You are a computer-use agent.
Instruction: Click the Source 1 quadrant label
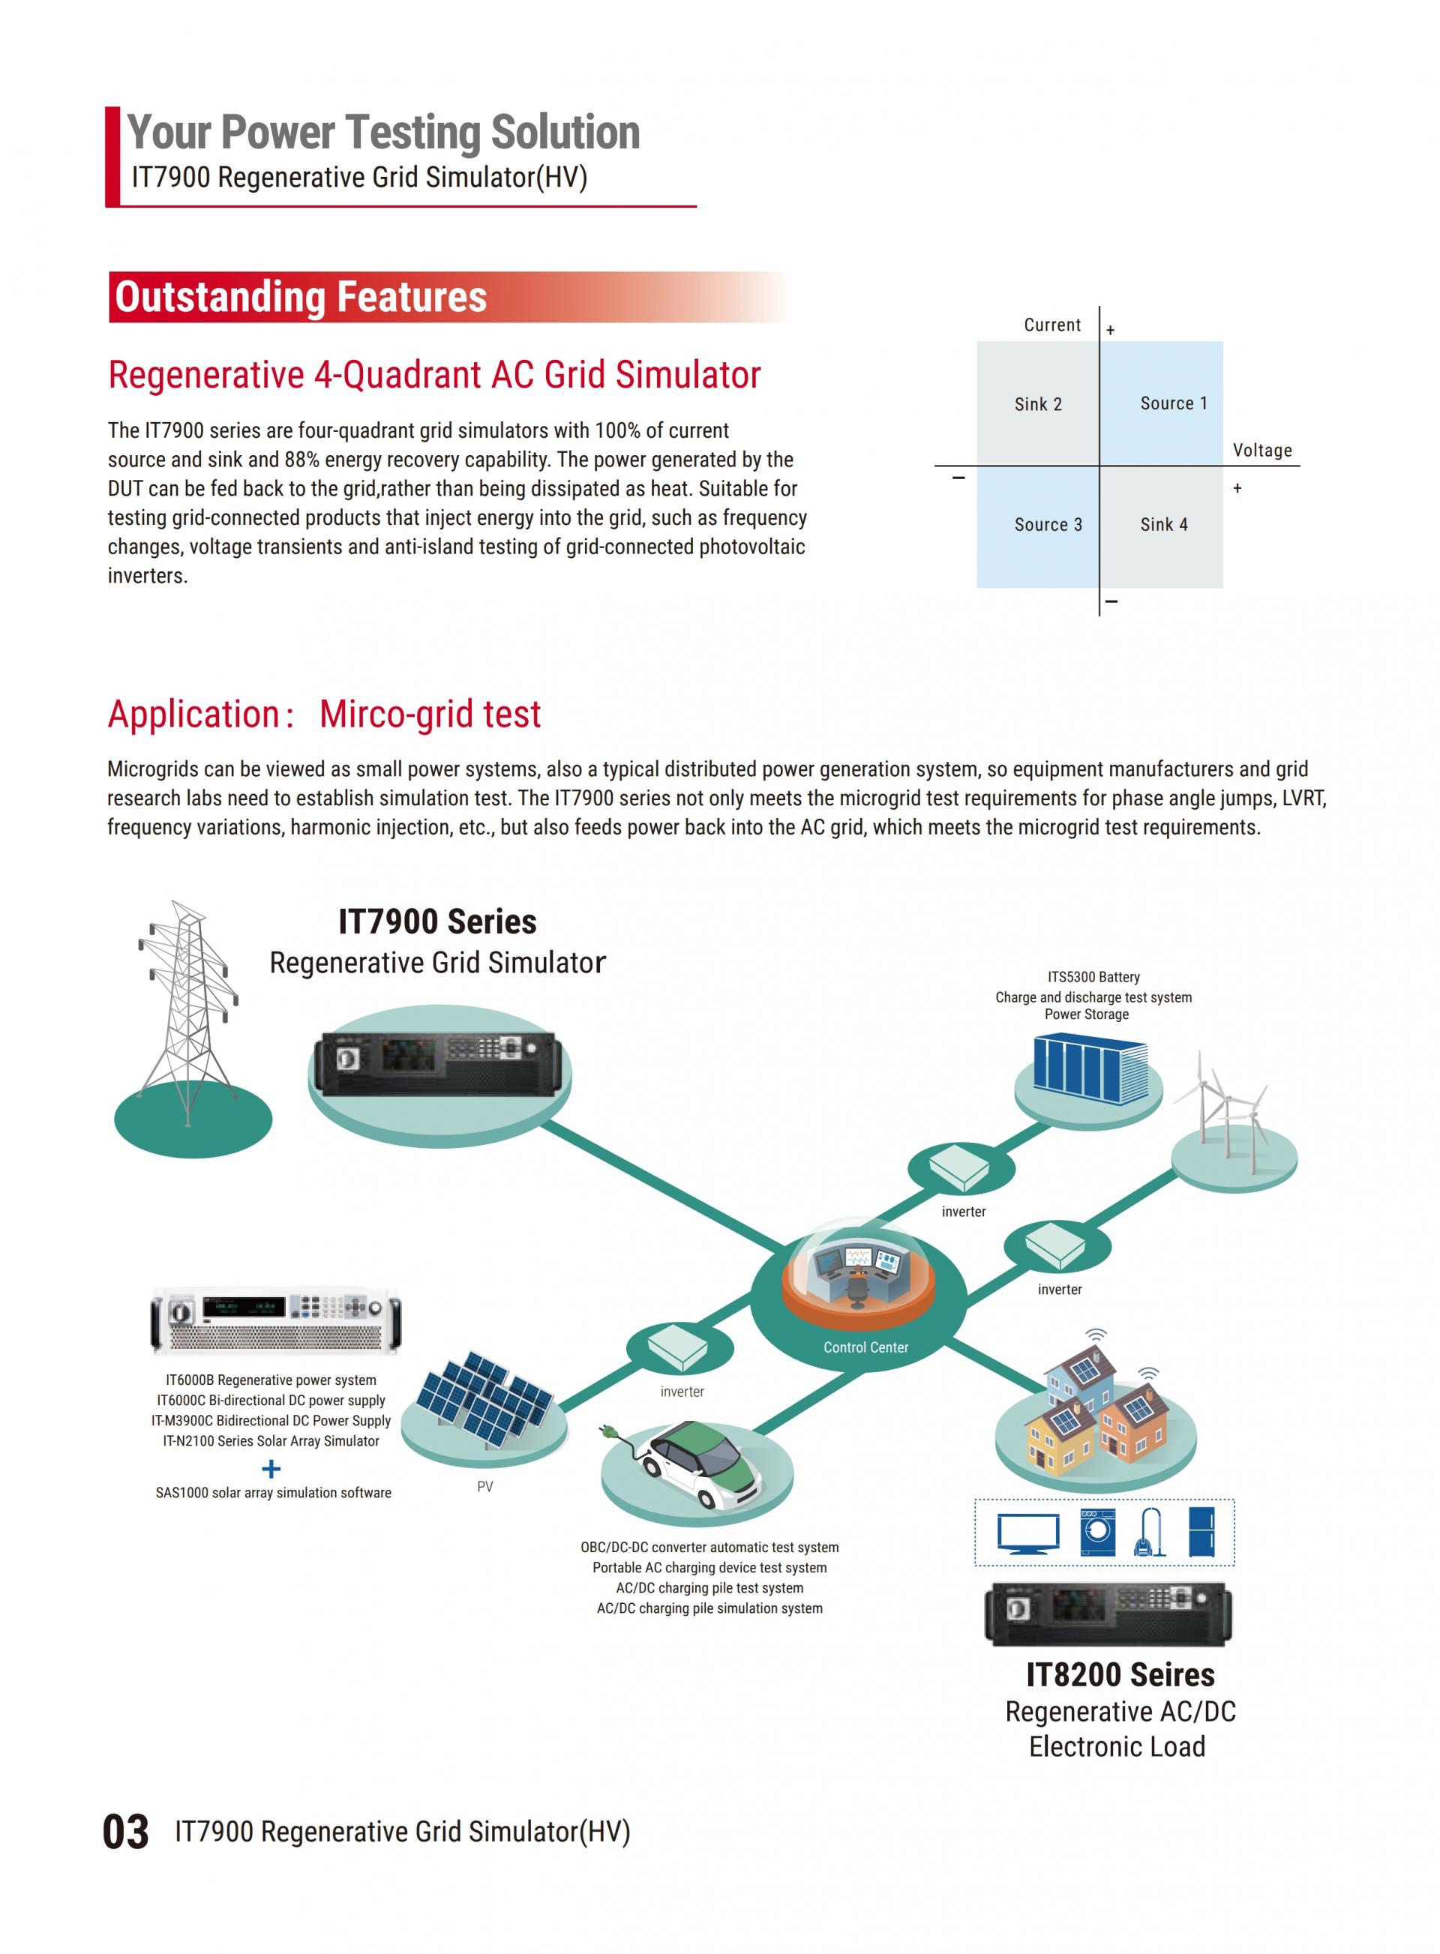click(x=1173, y=403)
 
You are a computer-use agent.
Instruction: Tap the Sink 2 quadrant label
click(x=1038, y=404)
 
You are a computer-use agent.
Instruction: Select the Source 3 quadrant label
click(x=1048, y=525)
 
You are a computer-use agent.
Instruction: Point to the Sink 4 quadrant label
click(x=1164, y=525)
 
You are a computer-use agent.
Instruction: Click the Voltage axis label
click(x=1262, y=451)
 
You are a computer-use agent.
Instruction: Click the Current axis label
click(x=1052, y=325)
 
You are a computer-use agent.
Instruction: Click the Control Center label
click(x=865, y=1347)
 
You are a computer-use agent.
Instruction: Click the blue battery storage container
click(x=1090, y=1069)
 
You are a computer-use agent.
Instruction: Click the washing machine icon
click(x=1097, y=1532)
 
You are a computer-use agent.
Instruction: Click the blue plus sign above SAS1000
click(x=271, y=1469)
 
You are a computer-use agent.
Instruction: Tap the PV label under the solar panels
click(x=485, y=1487)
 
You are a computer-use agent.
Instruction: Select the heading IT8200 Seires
click(x=1120, y=1675)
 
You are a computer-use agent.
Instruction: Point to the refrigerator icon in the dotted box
click(x=1202, y=1532)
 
